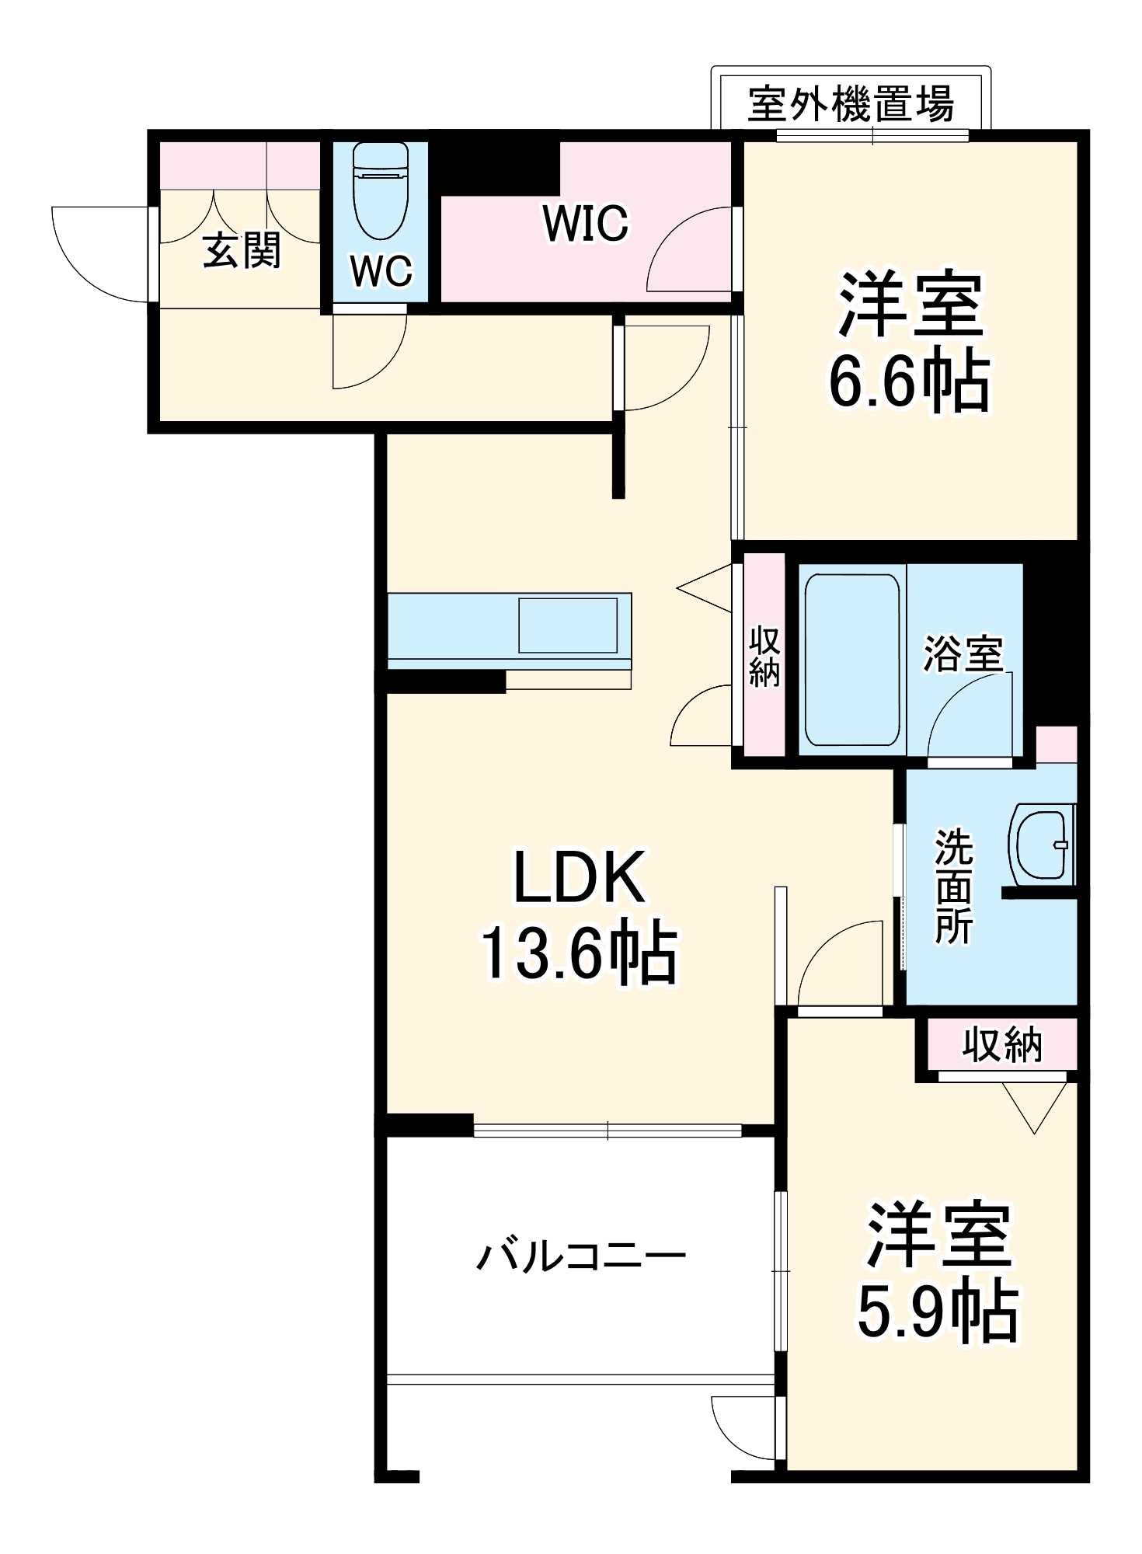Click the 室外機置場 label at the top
tap(851, 103)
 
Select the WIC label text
tap(586, 223)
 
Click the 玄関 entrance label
tap(242, 251)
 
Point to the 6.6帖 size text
tap(909, 382)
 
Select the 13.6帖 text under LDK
tap(580, 955)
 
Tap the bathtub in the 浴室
tap(851, 660)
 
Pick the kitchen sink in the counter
tap(569, 625)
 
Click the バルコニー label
tap(580, 1256)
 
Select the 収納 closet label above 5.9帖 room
tap(1002, 1044)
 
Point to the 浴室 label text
tap(963, 653)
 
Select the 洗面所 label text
tap(954, 886)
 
